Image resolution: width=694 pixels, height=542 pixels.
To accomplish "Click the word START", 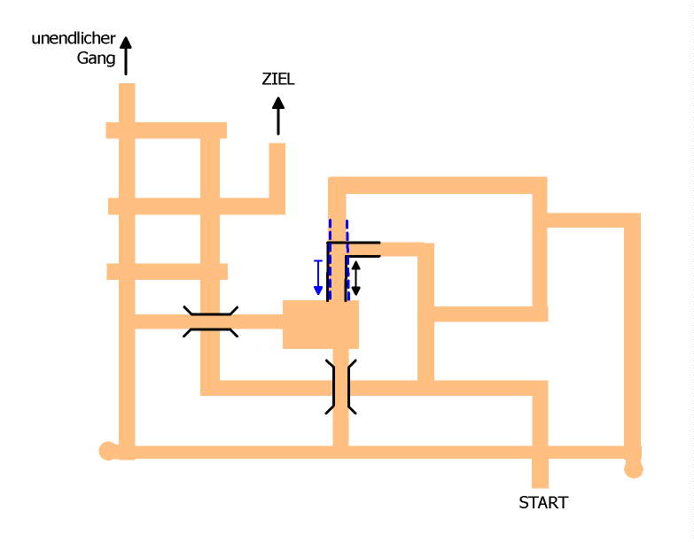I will (542, 503).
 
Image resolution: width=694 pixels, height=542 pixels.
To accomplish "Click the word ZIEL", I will (277, 80).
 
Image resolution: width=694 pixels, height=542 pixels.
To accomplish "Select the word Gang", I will (97, 58).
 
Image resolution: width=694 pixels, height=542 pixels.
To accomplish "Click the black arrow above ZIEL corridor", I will (278, 115).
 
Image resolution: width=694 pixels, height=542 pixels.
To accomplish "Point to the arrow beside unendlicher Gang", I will (126, 55).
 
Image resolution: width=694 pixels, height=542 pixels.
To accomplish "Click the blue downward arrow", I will (318, 277).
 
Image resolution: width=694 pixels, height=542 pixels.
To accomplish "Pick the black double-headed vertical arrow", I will (355, 278).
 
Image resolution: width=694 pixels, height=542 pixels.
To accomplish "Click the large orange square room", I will (321, 324).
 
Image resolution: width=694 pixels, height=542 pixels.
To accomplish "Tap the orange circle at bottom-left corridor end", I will (108, 451).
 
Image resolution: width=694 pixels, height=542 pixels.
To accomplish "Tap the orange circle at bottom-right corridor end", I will (633, 468).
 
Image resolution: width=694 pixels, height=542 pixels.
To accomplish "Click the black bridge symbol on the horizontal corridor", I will (210, 321).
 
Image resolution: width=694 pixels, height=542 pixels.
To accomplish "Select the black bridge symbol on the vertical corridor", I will (340, 386).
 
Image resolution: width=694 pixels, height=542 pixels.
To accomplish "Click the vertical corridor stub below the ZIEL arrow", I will (277, 173).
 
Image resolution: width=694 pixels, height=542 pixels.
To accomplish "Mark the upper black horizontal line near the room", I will (355, 242).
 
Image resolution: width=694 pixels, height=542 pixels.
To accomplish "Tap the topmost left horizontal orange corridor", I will (166, 130).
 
